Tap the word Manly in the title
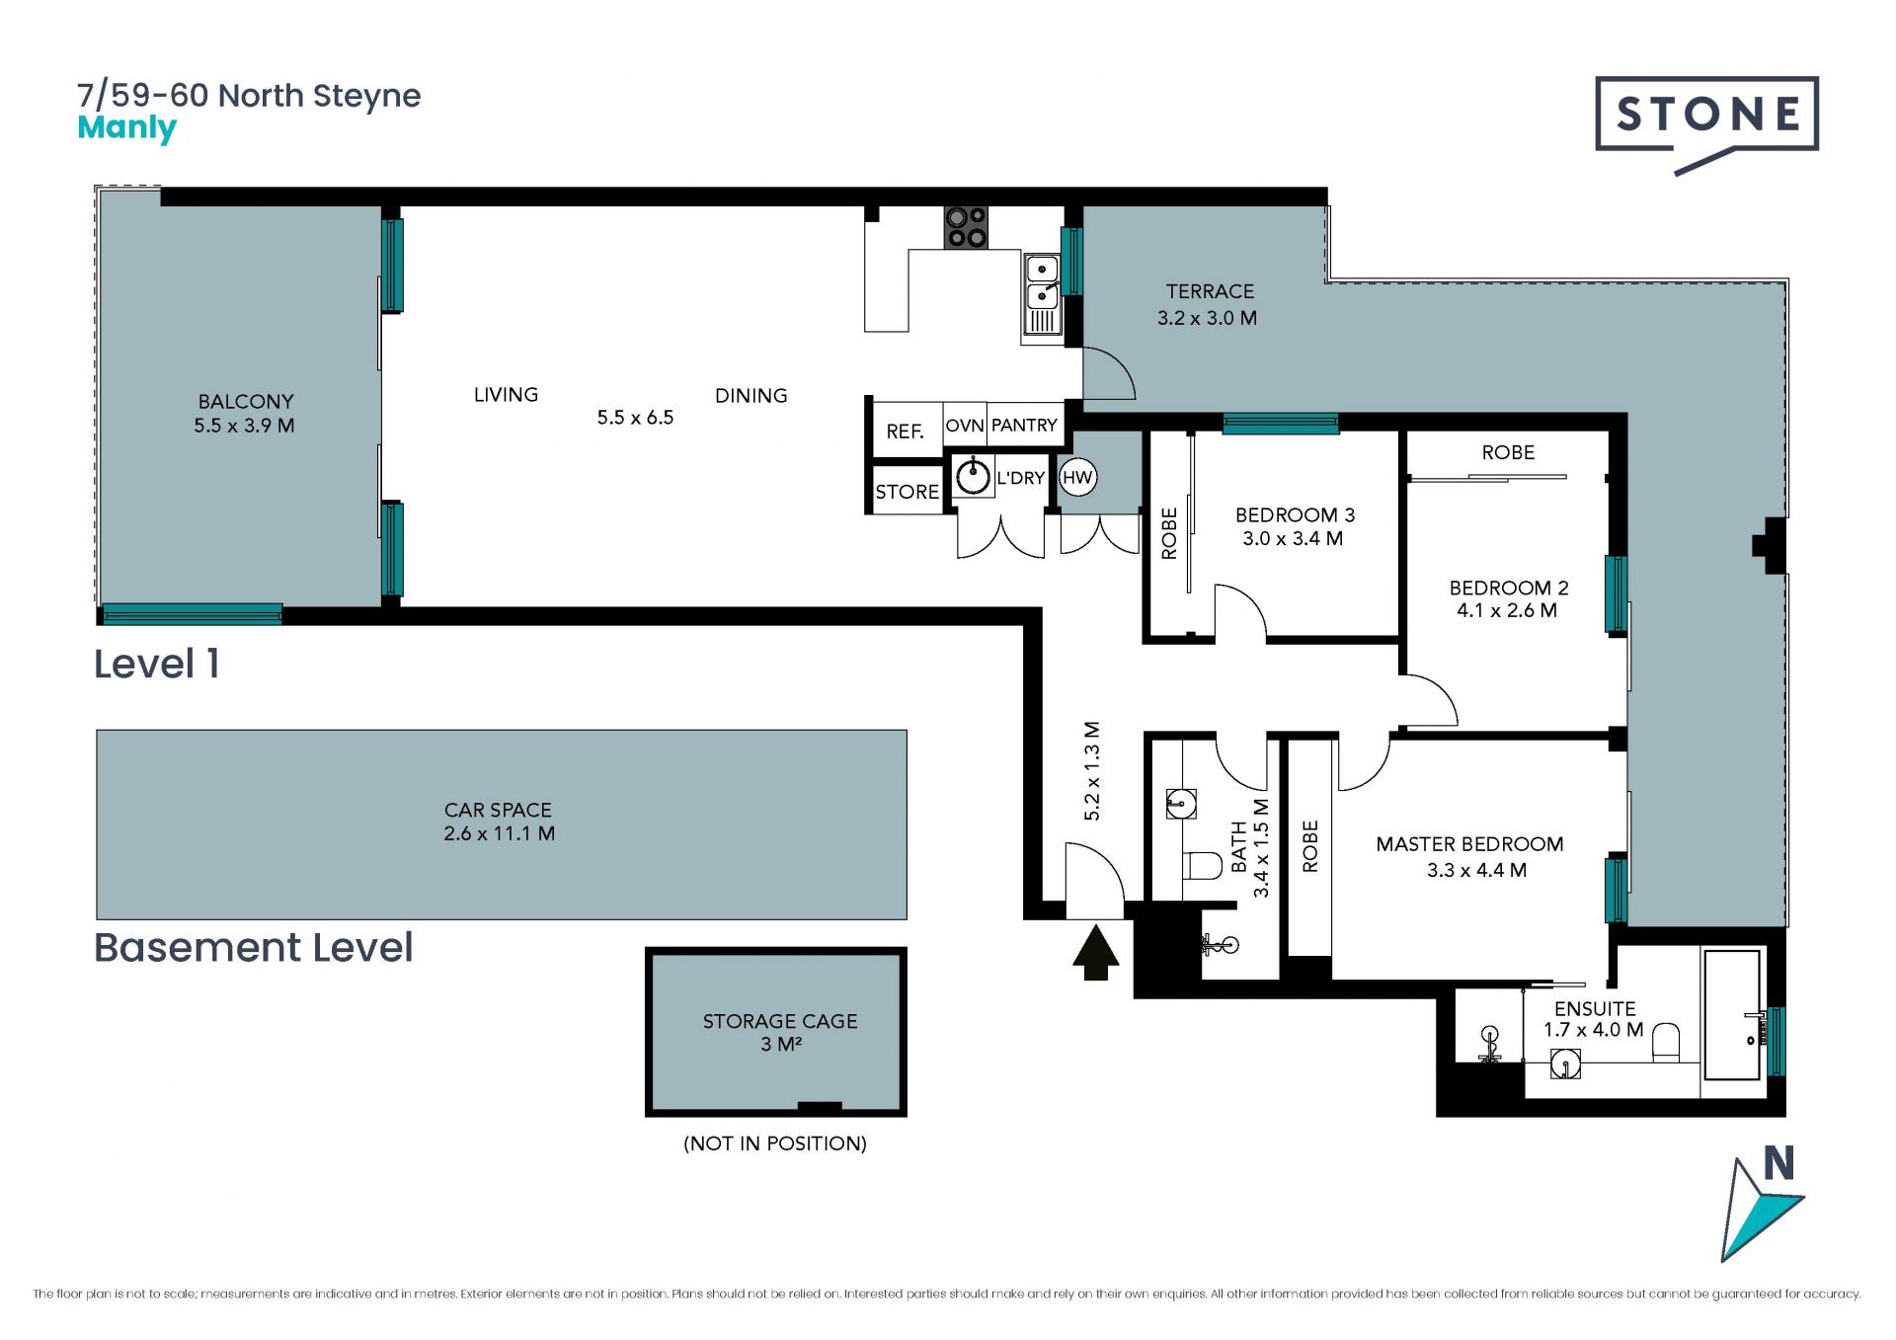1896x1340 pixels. point(126,128)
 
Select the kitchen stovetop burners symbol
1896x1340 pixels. point(966,226)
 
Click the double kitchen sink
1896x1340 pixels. point(1042,294)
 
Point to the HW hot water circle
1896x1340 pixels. point(1077,478)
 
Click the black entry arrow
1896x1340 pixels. point(1095,952)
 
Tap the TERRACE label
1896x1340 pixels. point(1210,291)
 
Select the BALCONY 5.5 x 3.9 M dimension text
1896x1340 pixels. point(244,426)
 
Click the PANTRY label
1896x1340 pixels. point(1024,425)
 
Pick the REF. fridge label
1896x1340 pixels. point(905,432)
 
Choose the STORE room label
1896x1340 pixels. point(907,492)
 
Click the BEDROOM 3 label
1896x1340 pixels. point(1295,514)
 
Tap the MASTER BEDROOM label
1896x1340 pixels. point(1469,844)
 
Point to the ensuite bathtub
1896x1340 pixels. point(1732,1015)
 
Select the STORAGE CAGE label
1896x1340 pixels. point(780,1021)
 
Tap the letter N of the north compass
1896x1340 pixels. point(1778,1163)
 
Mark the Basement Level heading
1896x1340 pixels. point(253,948)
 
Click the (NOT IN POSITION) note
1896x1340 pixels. point(775,1143)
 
